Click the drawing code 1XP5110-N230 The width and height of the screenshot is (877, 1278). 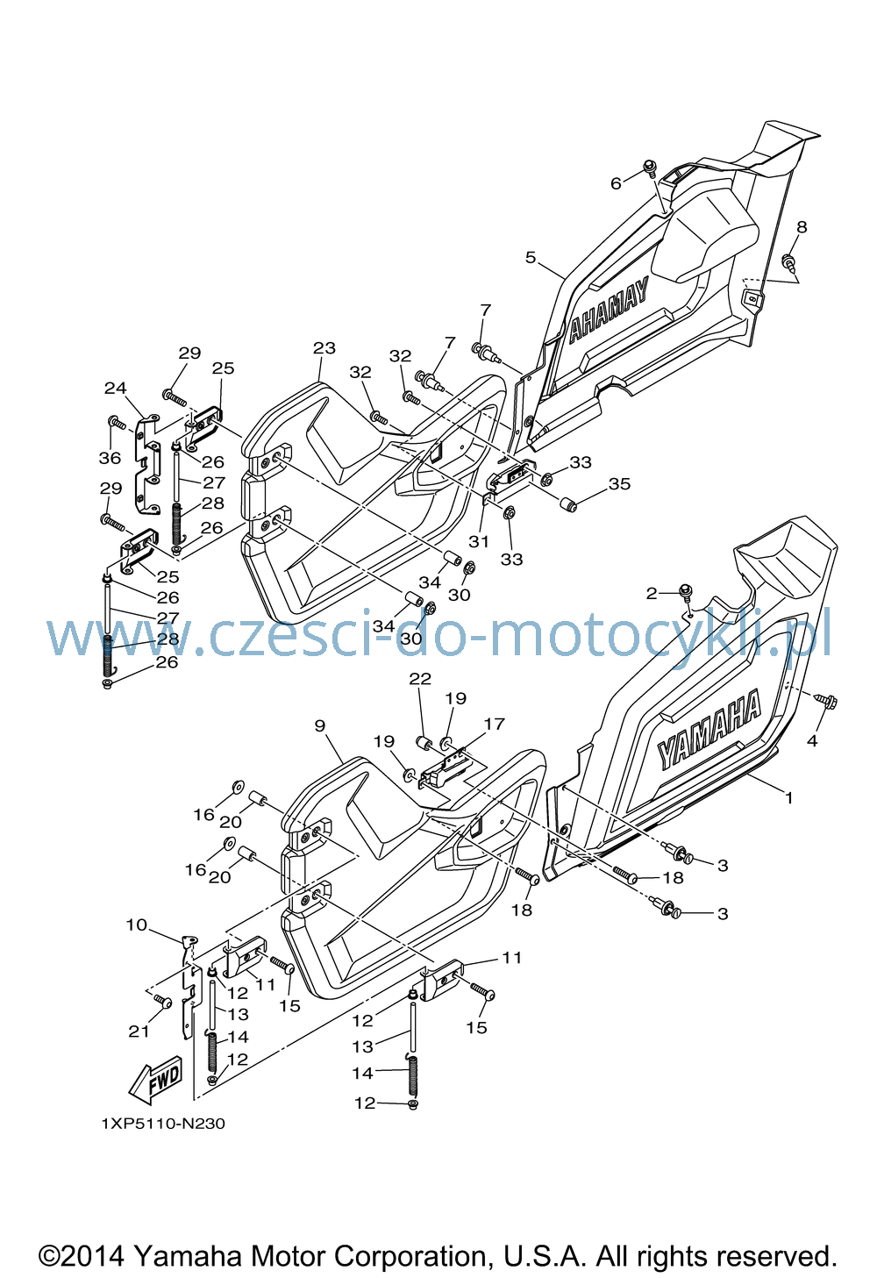point(163,1124)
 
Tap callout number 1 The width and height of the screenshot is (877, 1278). point(788,797)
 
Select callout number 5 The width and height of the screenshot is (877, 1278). point(531,257)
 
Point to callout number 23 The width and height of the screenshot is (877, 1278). point(324,347)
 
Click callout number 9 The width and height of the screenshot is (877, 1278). point(319,725)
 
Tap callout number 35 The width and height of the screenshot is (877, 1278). point(619,484)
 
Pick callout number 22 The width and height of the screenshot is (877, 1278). point(420,678)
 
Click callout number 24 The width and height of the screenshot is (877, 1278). point(115,388)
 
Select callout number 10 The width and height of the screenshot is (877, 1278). point(136,925)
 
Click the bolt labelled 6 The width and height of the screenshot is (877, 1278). point(649,167)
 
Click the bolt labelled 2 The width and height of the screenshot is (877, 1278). point(685,592)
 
